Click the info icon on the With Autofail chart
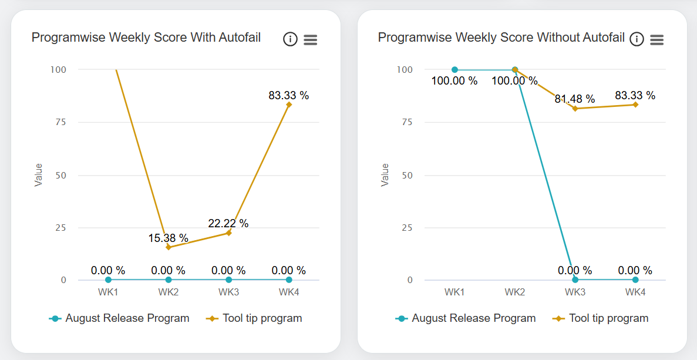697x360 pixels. [290, 39]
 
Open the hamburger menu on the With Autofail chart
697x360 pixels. [311, 39]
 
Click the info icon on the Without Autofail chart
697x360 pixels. [637, 39]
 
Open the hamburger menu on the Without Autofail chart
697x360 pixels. [657, 39]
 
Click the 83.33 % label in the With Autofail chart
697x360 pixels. [288, 95]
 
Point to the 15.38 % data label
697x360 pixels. [168, 238]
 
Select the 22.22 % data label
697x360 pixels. [228, 223]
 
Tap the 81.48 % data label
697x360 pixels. [575, 99]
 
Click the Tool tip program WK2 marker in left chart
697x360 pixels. [169, 247]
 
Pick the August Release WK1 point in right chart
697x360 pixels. [454, 69]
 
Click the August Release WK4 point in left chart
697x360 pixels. [289, 280]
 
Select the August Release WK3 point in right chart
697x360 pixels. [575, 280]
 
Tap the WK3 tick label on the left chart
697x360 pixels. [228, 292]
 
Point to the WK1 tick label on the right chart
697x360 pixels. [454, 292]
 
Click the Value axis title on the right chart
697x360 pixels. [385, 175]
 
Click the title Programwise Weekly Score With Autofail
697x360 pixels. [146, 38]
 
